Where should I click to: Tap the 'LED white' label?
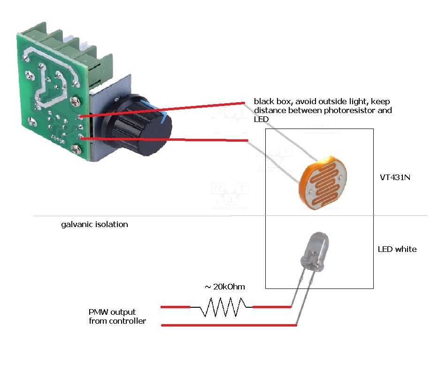coord(397,249)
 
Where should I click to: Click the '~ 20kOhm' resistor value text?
coord(224,287)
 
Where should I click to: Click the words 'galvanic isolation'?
coord(94,224)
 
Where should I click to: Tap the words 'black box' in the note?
coord(270,101)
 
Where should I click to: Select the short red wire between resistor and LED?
coord(271,307)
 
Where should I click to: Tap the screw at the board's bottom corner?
coord(76,149)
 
